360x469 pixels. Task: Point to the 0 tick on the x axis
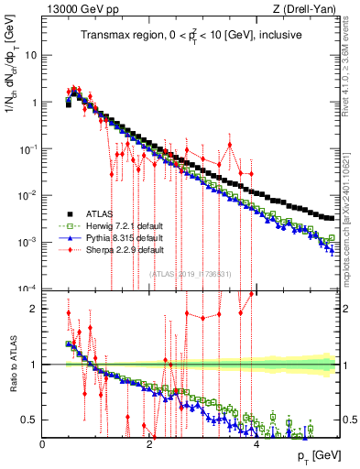(x=42, y=444)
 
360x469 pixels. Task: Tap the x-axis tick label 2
(x=149, y=444)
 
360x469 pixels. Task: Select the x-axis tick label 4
(x=256, y=444)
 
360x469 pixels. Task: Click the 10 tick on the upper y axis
(x=31, y=55)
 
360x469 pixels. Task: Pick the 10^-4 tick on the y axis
(x=27, y=289)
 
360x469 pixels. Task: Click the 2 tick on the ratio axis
(x=34, y=309)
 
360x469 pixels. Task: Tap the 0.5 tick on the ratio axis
(x=29, y=420)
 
